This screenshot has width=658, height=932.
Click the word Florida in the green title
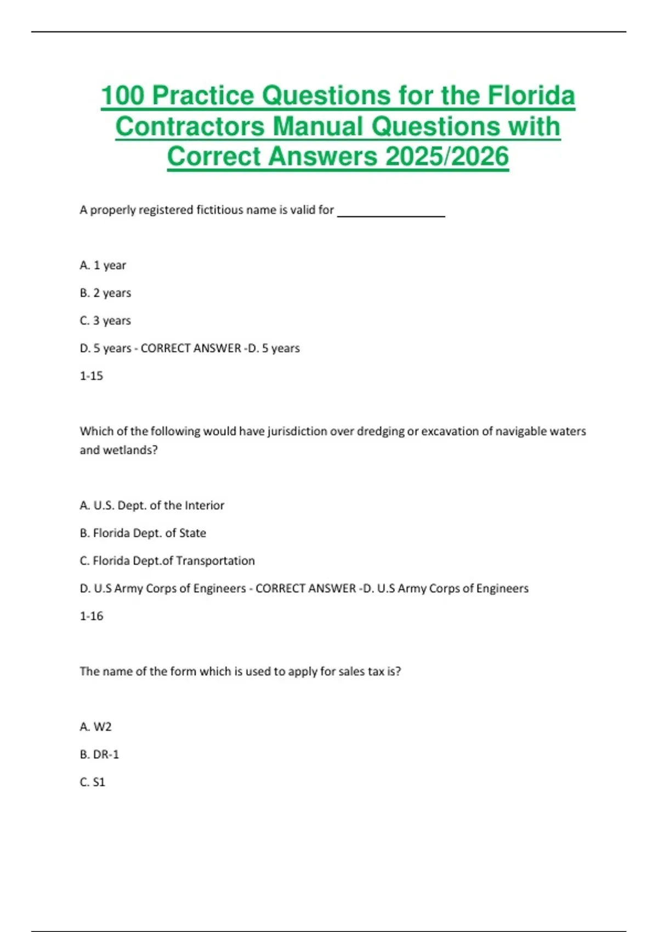(531, 95)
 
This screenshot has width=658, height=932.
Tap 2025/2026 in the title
(447, 156)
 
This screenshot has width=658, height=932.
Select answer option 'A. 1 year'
(103, 265)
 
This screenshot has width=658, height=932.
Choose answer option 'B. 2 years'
(105, 293)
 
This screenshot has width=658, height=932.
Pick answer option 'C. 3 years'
(105, 321)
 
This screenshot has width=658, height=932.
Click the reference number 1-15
(91, 376)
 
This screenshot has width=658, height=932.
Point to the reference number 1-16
(91, 616)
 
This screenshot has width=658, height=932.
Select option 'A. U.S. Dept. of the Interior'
(152, 505)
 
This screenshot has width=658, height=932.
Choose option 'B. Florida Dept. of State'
(143, 533)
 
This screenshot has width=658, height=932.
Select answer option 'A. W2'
(95, 727)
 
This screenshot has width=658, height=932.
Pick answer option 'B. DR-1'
(99, 754)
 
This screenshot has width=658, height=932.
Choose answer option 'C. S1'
(92, 782)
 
